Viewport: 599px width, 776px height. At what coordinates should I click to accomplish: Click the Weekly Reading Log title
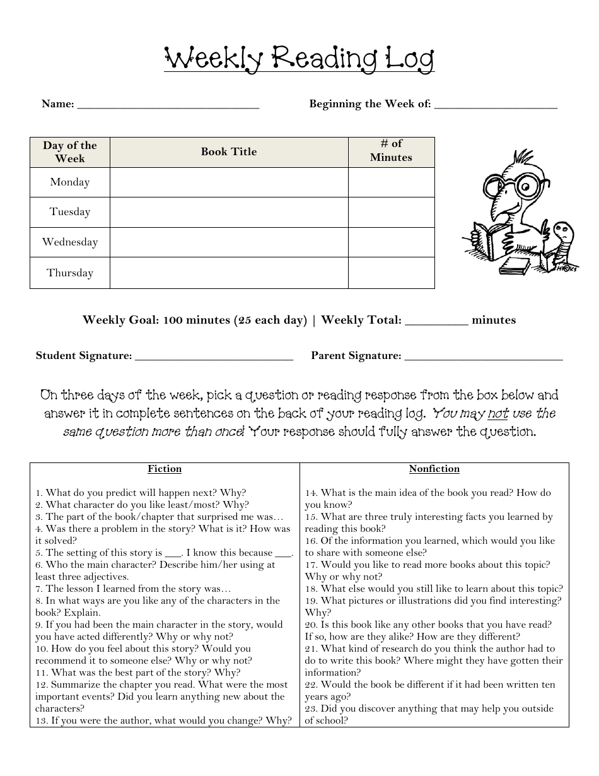[299, 60]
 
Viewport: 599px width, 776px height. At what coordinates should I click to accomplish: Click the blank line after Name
[168, 106]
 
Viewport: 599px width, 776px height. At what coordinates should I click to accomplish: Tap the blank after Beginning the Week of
[496, 106]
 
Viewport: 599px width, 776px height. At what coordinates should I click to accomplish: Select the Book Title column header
[229, 151]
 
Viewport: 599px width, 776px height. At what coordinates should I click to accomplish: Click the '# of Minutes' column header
[391, 151]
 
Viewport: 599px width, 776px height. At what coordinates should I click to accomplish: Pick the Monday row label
[70, 182]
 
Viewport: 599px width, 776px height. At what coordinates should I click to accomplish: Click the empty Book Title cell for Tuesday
[229, 212]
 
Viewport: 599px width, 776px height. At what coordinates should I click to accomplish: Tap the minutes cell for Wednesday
[391, 242]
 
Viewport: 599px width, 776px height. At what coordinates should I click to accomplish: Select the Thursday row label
[70, 273]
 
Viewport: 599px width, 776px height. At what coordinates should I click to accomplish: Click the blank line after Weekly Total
[436, 322]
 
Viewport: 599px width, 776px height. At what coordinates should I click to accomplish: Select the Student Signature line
[214, 358]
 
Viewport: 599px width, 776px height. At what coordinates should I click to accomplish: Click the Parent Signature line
[483, 358]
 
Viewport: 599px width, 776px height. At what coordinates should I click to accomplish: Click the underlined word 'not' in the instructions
[497, 414]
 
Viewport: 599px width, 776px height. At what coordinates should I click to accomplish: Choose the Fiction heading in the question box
[165, 469]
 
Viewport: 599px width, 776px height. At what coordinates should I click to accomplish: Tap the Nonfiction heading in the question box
[434, 469]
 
